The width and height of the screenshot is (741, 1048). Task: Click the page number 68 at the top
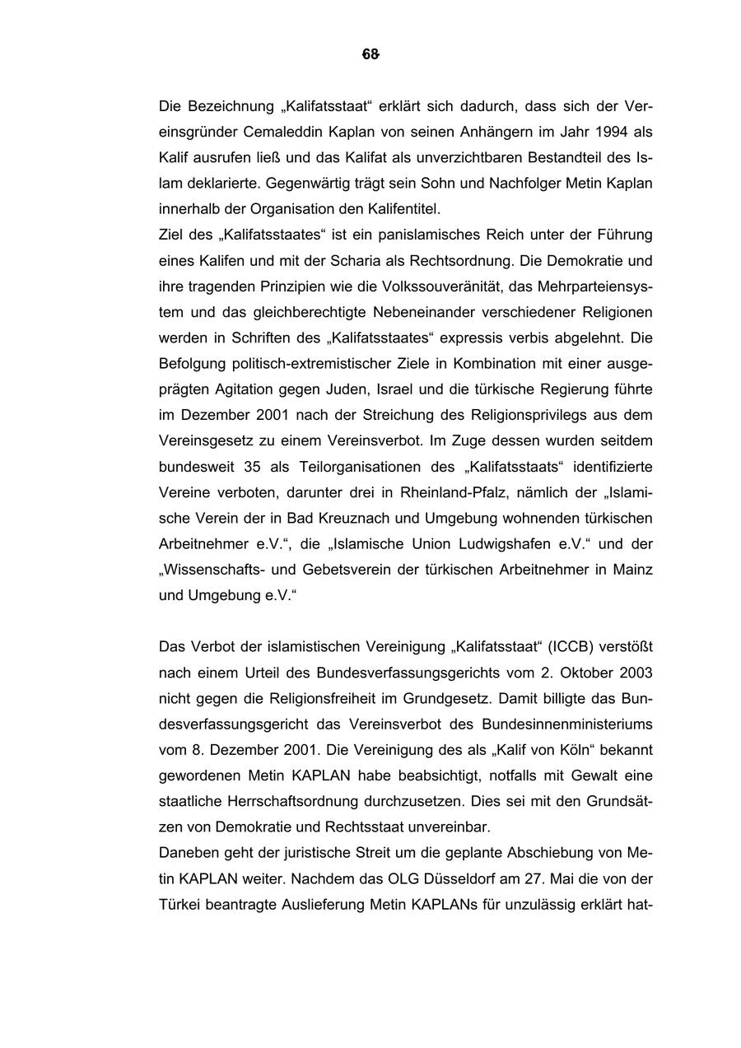370,55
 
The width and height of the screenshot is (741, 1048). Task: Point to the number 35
252,467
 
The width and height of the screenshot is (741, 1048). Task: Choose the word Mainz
633,570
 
